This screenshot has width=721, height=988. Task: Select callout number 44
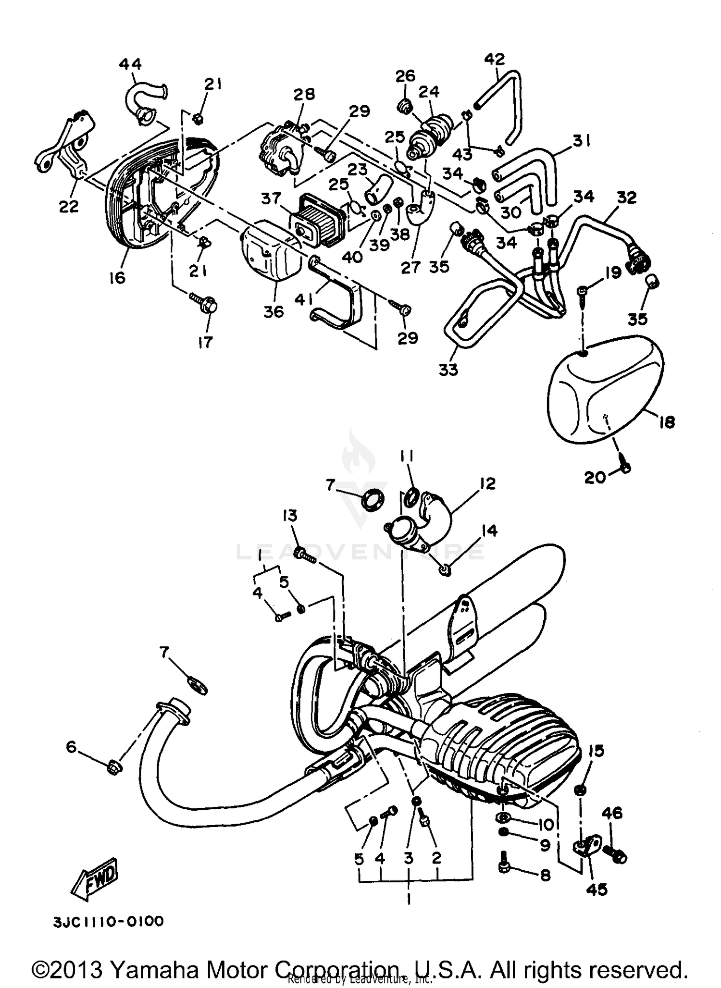(130, 64)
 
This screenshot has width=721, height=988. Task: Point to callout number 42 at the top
(495, 59)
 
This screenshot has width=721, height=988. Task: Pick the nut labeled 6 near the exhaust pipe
(114, 766)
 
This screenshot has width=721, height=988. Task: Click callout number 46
(611, 813)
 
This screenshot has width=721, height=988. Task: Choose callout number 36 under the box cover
(273, 311)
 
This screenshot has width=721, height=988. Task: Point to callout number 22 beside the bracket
(69, 206)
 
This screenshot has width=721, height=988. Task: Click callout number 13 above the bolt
(290, 516)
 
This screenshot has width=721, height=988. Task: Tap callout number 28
(304, 93)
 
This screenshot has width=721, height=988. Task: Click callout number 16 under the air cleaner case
(117, 277)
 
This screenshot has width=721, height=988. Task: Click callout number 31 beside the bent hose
(582, 141)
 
